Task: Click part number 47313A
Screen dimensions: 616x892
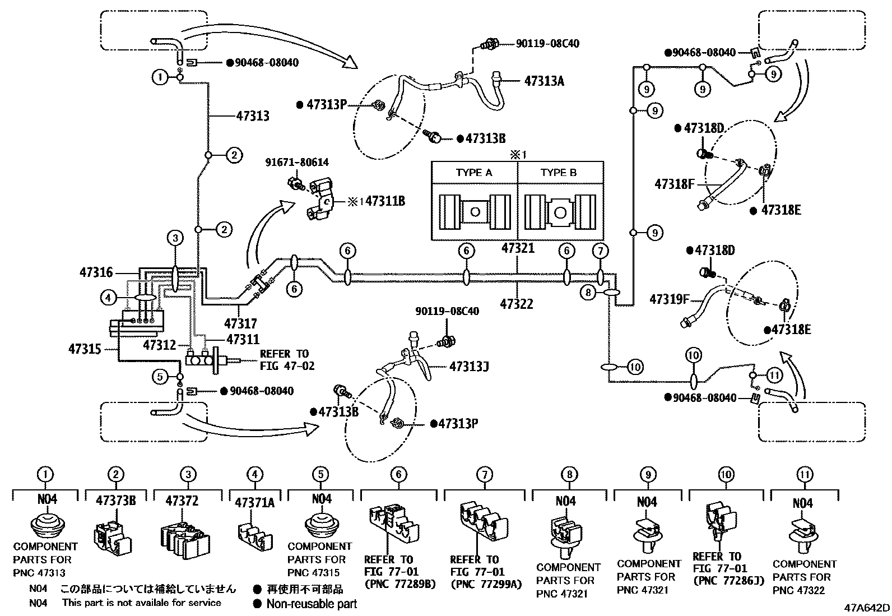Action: point(543,81)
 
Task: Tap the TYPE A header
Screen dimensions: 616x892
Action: point(474,173)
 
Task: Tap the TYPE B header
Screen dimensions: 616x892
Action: point(558,173)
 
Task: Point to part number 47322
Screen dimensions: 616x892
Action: point(517,304)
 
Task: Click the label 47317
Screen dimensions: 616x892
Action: point(240,323)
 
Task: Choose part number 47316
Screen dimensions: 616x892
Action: point(96,273)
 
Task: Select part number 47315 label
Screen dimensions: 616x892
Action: point(85,349)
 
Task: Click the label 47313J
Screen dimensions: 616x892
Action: point(469,367)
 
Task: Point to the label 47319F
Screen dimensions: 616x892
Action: point(669,299)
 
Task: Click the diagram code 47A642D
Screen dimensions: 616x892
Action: point(867,608)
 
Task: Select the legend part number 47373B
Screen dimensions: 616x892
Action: point(115,501)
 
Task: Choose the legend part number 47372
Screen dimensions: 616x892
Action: point(188,501)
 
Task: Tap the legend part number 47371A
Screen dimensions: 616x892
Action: point(254,502)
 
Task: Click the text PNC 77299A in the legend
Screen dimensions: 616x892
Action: point(486,585)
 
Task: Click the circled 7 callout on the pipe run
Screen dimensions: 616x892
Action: point(600,251)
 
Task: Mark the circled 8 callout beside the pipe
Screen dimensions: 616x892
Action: point(588,292)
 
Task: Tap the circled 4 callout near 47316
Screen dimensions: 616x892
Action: point(109,298)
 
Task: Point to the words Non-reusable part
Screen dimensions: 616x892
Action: point(312,604)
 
